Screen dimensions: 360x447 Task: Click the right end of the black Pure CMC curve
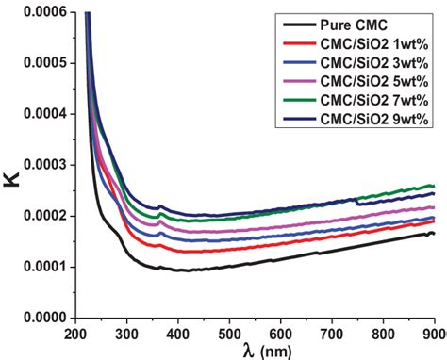point(433,233)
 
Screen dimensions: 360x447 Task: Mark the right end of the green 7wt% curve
point(433,186)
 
